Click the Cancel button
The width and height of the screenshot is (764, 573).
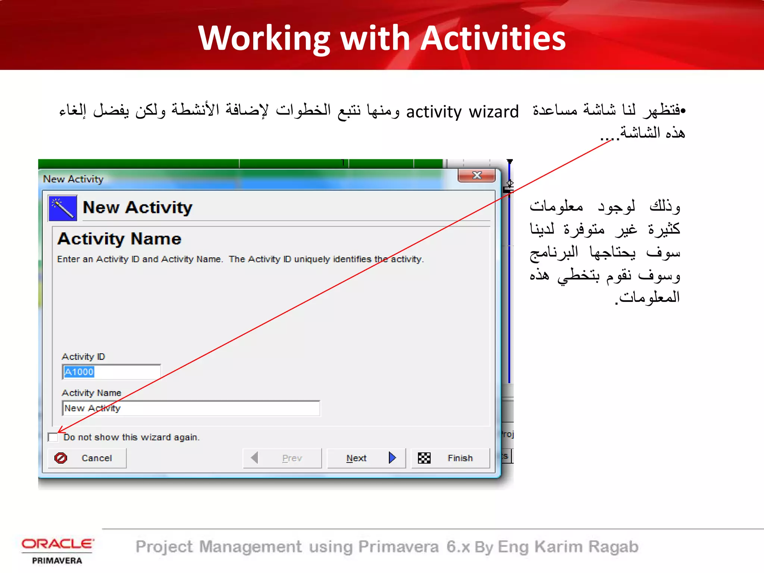pyautogui.click(x=87, y=458)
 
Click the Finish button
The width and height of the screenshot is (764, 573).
pyautogui.click(x=450, y=458)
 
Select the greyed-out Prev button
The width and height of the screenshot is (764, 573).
pyautogui.click(x=282, y=458)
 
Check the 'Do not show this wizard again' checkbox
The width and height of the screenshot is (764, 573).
pyautogui.click(x=53, y=437)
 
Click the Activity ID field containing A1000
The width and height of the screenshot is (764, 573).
pyautogui.click(x=111, y=372)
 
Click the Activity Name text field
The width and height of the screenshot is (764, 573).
pyautogui.click(x=191, y=408)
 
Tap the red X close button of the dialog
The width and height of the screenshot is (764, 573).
pyautogui.click(x=476, y=175)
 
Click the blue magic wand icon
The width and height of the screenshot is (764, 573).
pyautogui.click(x=63, y=208)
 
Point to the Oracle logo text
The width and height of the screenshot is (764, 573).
pyautogui.click(x=57, y=544)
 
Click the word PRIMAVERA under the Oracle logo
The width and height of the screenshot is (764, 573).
pyautogui.click(x=57, y=561)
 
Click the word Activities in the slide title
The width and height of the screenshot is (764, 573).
pyautogui.click(x=493, y=38)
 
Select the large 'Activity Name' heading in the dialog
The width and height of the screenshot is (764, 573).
pyautogui.click(x=119, y=239)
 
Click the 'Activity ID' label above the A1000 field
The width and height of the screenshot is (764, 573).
pyautogui.click(x=84, y=357)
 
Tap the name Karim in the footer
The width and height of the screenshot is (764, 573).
pyautogui.click(x=558, y=547)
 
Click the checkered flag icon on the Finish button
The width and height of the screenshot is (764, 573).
pyautogui.click(x=424, y=458)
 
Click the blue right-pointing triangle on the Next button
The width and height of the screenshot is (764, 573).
pyautogui.click(x=392, y=457)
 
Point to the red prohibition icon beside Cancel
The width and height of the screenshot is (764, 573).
pyautogui.click(x=61, y=458)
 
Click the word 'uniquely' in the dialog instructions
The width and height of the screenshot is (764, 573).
pyautogui.click(x=312, y=259)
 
